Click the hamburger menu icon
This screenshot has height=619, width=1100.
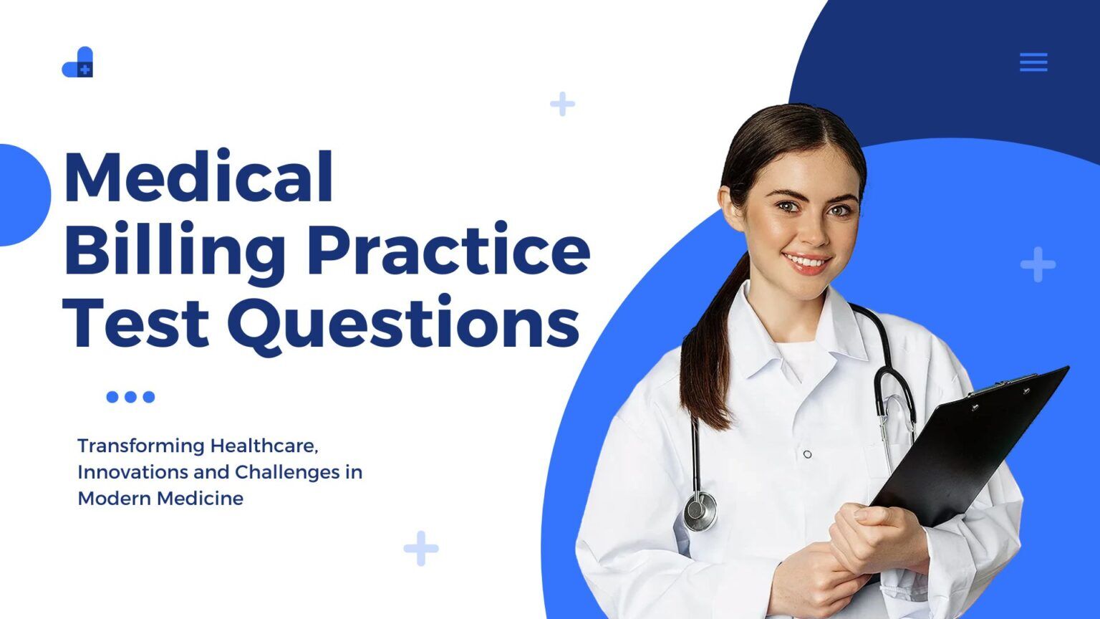pyautogui.click(x=1033, y=62)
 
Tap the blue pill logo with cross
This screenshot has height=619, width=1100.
pyautogui.click(x=77, y=63)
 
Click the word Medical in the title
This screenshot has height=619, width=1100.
pyautogui.click(x=198, y=178)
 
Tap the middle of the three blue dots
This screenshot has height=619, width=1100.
pyautogui.click(x=130, y=397)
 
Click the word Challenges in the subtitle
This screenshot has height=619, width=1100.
pyautogui.click(x=287, y=473)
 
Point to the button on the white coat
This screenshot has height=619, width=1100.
pyautogui.click(x=807, y=454)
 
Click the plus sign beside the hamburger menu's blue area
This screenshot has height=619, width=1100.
pyautogui.click(x=1038, y=264)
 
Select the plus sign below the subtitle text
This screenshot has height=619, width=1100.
pyautogui.click(x=421, y=548)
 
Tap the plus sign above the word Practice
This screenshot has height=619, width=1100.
pyautogui.click(x=562, y=104)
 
